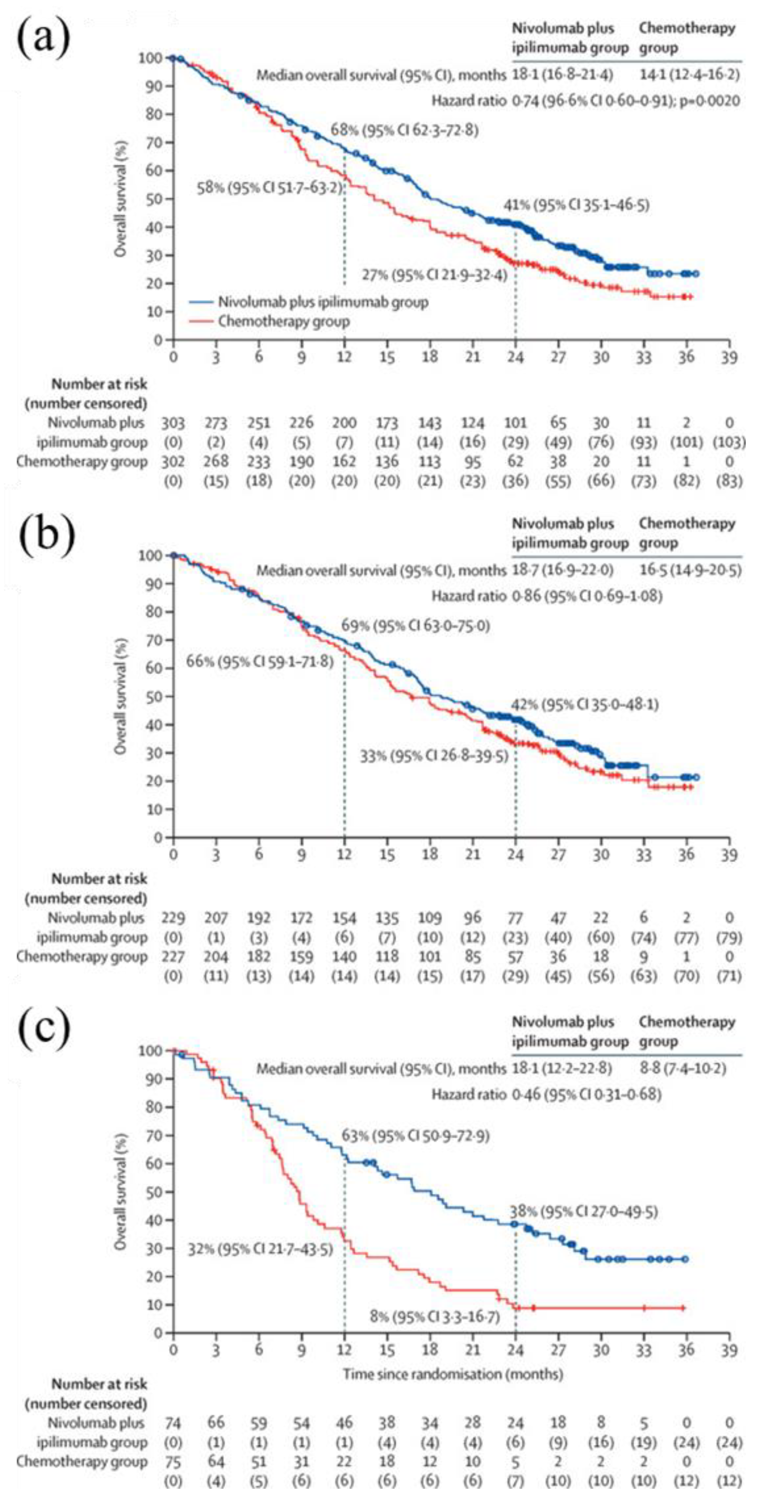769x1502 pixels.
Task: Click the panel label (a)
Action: tap(44, 36)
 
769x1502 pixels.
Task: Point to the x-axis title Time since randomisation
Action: tap(453, 1374)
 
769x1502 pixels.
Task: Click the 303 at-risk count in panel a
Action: tap(173, 423)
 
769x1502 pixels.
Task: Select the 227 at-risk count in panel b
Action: tap(173, 957)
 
